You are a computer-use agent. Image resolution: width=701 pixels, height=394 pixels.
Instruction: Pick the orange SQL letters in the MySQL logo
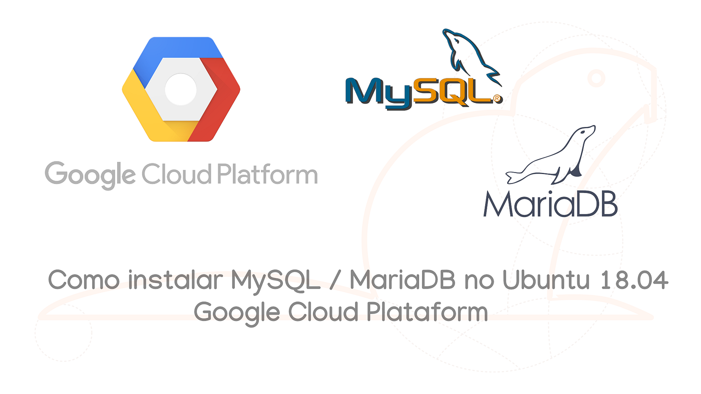[x=451, y=92]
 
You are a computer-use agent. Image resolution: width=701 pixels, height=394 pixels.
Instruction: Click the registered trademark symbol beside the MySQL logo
[x=497, y=98]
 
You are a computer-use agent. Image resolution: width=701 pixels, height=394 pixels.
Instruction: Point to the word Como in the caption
[x=84, y=280]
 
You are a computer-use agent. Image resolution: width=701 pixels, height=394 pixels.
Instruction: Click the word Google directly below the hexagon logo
[x=90, y=175]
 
